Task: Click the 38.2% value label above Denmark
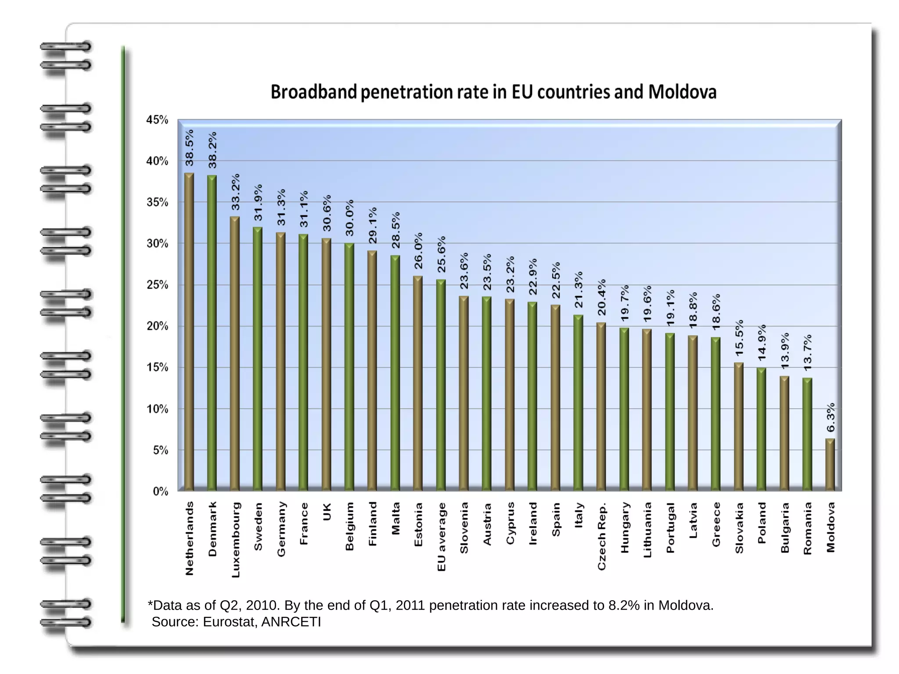[x=212, y=150]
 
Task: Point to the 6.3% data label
[x=831, y=418]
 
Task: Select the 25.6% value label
[x=441, y=254]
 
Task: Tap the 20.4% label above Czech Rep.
[x=601, y=297]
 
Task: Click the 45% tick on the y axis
[x=157, y=120]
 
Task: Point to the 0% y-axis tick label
[x=160, y=491]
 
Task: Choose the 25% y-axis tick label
[x=157, y=285]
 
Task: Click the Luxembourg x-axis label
[x=235, y=540]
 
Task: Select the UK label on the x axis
[x=327, y=512]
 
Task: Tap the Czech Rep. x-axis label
[x=601, y=536]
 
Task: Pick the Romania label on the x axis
[x=807, y=528]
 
